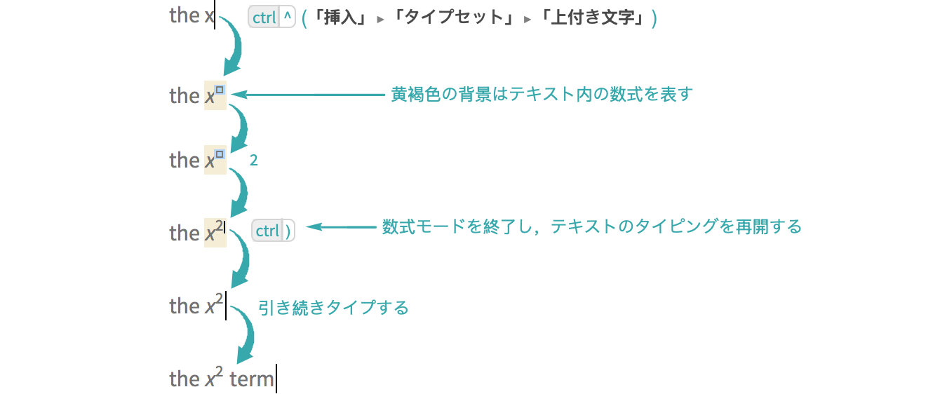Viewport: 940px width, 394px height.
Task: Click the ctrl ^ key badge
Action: (272, 18)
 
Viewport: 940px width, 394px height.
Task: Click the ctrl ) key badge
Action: (273, 230)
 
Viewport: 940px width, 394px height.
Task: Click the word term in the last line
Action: (251, 379)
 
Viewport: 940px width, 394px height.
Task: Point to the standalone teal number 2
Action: (253, 161)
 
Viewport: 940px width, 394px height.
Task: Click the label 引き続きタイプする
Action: (333, 308)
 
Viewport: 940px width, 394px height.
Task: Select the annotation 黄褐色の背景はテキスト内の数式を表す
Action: (542, 94)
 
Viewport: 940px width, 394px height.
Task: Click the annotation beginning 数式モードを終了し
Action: (591, 226)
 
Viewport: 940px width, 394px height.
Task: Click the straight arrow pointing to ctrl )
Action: (341, 227)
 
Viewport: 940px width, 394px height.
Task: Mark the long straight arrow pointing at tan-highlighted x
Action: (307, 95)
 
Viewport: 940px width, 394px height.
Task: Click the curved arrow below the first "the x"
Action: (231, 46)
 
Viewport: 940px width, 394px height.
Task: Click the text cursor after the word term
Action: (276, 379)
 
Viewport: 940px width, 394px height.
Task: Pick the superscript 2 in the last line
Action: (219, 372)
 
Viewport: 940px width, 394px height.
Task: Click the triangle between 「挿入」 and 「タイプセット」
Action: (380, 20)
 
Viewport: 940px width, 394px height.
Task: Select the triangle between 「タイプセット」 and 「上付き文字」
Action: (528, 20)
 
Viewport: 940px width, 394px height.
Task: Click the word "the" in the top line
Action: (184, 15)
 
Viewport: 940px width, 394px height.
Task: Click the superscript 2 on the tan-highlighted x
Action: (220, 226)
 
